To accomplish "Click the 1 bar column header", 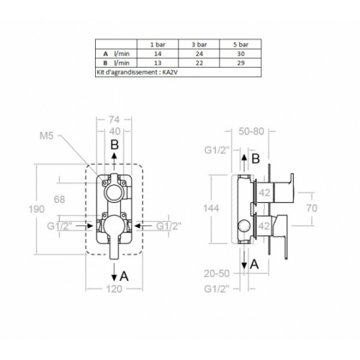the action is tap(158, 45).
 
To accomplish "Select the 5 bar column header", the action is tap(240, 45).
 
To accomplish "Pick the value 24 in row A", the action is tap(199, 54).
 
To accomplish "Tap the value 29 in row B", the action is tap(240, 63).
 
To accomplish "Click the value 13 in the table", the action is tap(158, 63).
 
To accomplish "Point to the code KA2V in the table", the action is tap(170, 72).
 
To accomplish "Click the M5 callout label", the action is tap(46, 136).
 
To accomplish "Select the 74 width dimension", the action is tap(114, 120).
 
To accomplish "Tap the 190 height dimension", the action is tap(37, 210).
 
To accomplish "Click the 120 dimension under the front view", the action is tap(114, 289).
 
